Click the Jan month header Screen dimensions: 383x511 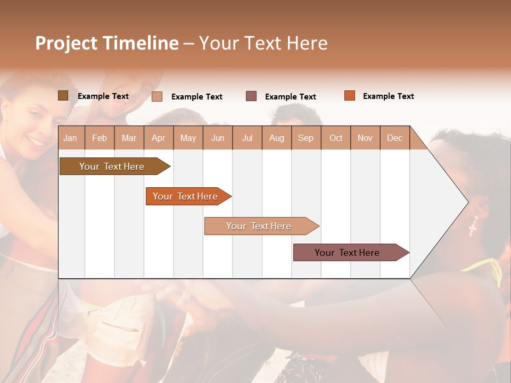(x=71, y=138)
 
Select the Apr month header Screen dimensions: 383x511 (x=159, y=138)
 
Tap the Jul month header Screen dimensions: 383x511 (x=247, y=138)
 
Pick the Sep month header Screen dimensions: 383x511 (x=306, y=138)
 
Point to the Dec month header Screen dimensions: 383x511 (x=394, y=138)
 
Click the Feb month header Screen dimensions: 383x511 (x=100, y=138)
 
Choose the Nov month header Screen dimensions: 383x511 (x=365, y=138)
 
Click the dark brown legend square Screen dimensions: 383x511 (x=63, y=96)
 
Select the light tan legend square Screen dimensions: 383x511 (x=157, y=96)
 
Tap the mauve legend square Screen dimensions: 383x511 (x=251, y=96)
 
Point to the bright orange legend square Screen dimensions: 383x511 (x=349, y=96)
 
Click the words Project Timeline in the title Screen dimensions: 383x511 (x=107, y=43)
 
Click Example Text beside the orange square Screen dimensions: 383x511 (x=388, y=96)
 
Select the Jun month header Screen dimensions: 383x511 (x=218, y=138)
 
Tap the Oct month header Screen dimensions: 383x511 (x=336, y=138)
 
